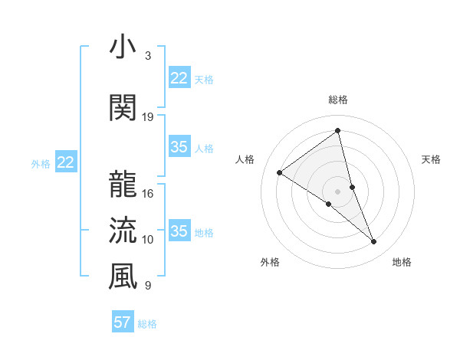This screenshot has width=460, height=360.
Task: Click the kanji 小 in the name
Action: pyautogui.click(x=123, y=47)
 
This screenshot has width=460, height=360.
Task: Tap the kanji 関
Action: pyautogui.click(x=123, y=107)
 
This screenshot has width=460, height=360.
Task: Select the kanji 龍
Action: pyautogui.click(x=123, y=184)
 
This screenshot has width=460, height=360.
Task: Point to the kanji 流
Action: pyautogui.click(x=123, y=230)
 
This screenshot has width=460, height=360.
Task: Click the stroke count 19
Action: pyautogui.click(x=148, y=116)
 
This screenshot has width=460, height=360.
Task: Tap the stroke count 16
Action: pyautogui.click(x=148, y=193)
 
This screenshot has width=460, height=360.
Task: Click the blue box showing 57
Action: pyautogui.click(x=122, y=322)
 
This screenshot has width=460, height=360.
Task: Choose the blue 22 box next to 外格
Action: pyautogui.click(x=66, y=162)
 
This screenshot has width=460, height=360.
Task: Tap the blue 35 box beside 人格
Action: pyautogui.click(x=179, y=148)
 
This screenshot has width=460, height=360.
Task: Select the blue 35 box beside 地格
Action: pyautogui.click(x=179, y=231)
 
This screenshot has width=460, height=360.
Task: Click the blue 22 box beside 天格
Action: pyautogui.click(x=179, y=78)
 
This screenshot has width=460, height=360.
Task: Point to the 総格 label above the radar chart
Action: pyautogui.click(x=337, y=100)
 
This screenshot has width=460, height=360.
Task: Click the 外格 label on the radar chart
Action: pyautogui.click(x=270, y=262)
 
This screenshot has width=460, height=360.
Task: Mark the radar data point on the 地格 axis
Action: pyautogui.click(x=374, y=242)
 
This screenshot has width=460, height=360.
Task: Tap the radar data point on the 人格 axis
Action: pyautogui.click(x=280, y=173)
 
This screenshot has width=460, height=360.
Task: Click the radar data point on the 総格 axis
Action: pyautogui.click(x=337, y=131)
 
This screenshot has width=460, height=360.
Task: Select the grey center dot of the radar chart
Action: pyautogui.click(x=337, y=191)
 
